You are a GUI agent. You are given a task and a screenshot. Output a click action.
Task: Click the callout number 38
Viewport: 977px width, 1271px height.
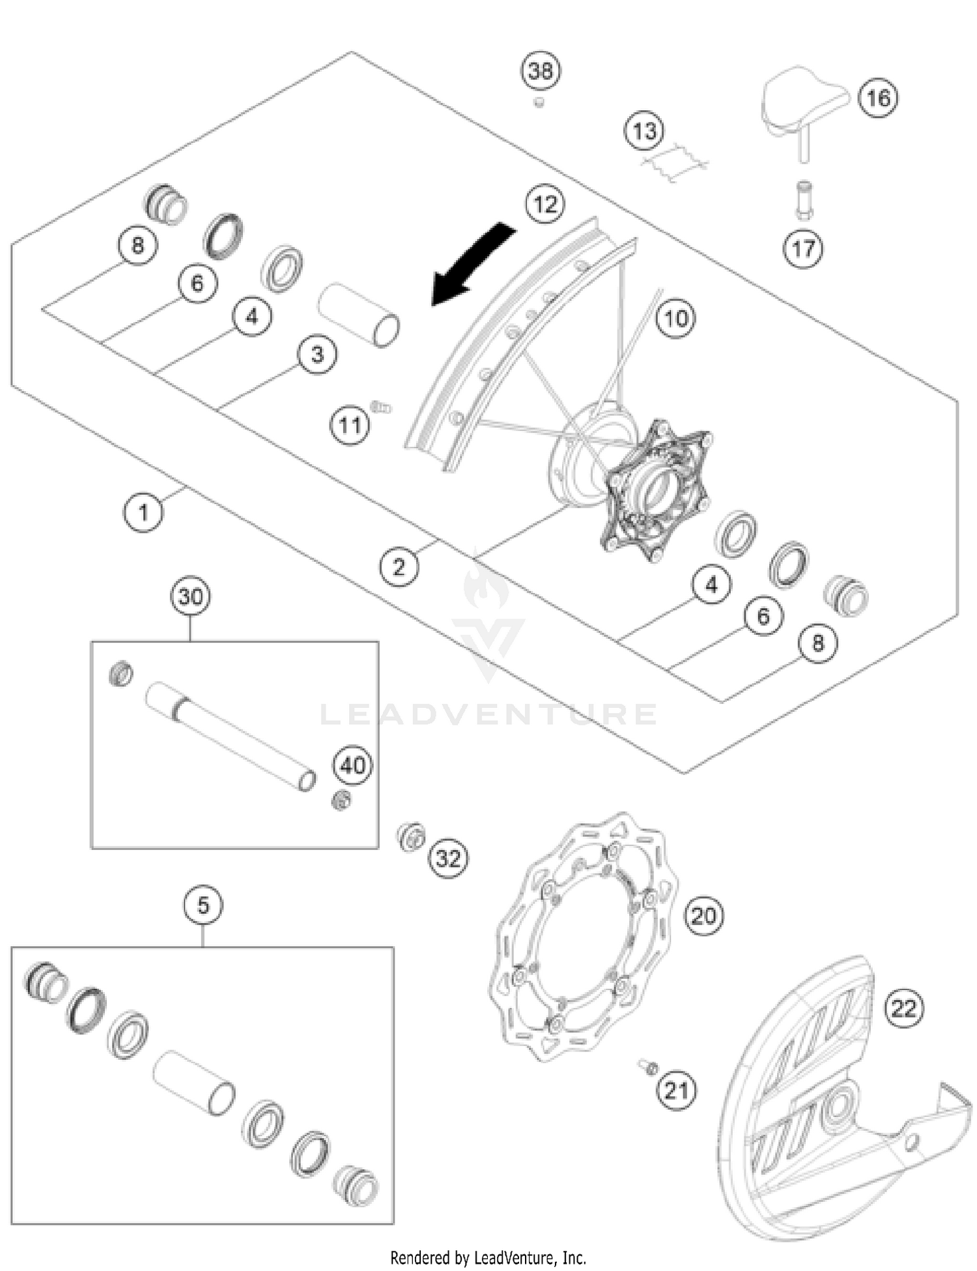point(541,70)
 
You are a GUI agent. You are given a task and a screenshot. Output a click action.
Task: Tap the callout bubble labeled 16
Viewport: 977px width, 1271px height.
point(878,98)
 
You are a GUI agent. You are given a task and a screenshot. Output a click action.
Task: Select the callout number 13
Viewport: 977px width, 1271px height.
point(644,130)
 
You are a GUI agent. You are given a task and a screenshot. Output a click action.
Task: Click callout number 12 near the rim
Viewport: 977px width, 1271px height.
point(545,204)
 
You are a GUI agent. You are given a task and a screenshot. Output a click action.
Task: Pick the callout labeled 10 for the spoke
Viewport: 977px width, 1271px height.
point(675,318)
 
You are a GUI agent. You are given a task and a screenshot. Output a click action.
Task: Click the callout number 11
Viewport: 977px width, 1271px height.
point(350,426)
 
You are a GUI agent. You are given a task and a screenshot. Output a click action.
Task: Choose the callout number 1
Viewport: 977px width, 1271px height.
point(143,512)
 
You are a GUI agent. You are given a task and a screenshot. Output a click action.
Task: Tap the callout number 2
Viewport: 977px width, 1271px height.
point(399,566)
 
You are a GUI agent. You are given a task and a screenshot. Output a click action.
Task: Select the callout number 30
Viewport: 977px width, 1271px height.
point(190,596)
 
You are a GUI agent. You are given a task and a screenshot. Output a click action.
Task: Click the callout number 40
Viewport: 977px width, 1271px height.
point(352,765)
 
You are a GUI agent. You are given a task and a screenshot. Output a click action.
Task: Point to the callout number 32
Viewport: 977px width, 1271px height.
point(448,858)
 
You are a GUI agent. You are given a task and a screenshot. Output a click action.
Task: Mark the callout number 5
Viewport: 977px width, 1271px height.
point(203,905)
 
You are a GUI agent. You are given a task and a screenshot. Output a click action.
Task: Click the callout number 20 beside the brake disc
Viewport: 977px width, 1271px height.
point(703,916)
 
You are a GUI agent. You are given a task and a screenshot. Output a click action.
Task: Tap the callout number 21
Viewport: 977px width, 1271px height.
point(675,1090)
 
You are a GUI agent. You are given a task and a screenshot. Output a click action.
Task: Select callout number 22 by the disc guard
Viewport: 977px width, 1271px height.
point(903,1008)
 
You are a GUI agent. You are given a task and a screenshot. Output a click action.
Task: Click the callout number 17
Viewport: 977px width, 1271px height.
point(803,248)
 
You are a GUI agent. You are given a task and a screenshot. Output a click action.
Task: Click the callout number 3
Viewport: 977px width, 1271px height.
point(317,355)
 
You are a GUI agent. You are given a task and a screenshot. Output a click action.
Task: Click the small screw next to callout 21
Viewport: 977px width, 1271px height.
point(649,1067)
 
